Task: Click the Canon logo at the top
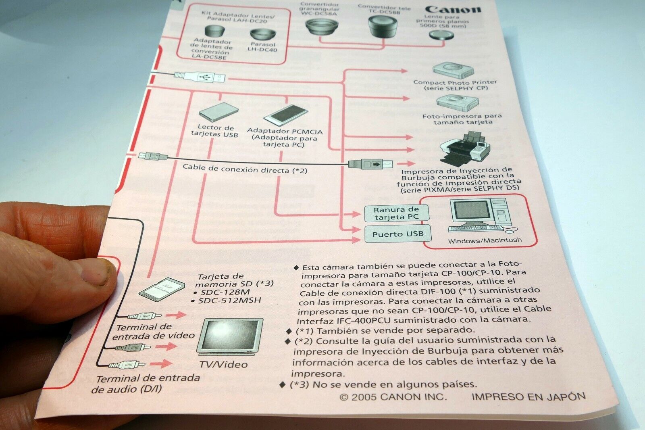tap(453, 9)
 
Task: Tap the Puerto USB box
tap(397, 234)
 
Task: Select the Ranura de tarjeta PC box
tap(396, 213)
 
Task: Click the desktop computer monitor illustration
tap(469, 213)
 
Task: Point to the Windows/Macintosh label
tap(485, 240)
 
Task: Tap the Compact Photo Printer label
tap(455, 82)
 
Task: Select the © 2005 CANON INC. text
tap(393, 397)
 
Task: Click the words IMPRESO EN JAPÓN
tap(528, 397)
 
